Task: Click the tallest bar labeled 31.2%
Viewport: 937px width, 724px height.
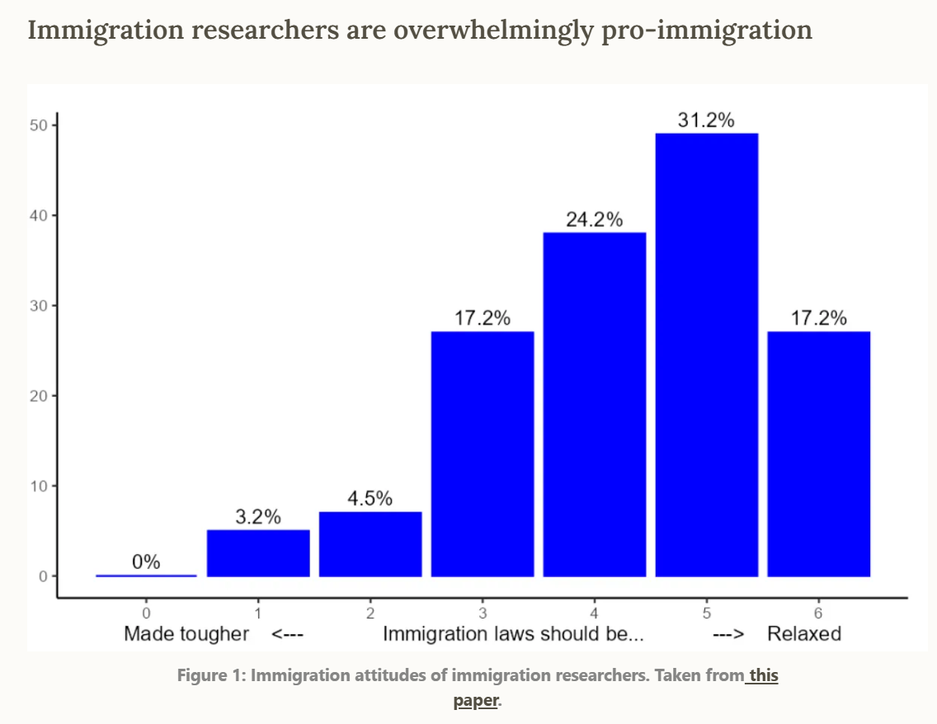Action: pos(706,355)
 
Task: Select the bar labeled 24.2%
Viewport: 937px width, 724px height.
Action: pos(594,404)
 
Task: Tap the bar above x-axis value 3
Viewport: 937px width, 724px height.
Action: pos(483,454)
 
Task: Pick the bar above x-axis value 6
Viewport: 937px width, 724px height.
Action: pos(818,454)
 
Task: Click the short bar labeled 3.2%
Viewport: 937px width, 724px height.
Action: pos(258,552)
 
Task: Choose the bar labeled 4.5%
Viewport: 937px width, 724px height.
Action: pos(370,544)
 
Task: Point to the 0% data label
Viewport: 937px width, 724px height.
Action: pos(146,562)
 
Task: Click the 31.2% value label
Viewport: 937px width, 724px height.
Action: pos(706,120)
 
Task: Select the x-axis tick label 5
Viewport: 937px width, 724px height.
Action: pos(706,613)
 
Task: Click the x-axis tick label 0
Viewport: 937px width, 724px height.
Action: pos(146,613)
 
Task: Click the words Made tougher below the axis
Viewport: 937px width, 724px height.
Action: pos(186,633)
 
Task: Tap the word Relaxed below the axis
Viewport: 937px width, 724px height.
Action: pos(804,633)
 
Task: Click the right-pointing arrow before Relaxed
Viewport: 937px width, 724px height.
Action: pos(729,633)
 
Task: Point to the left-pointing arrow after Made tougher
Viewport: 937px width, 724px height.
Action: pos(289,633)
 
